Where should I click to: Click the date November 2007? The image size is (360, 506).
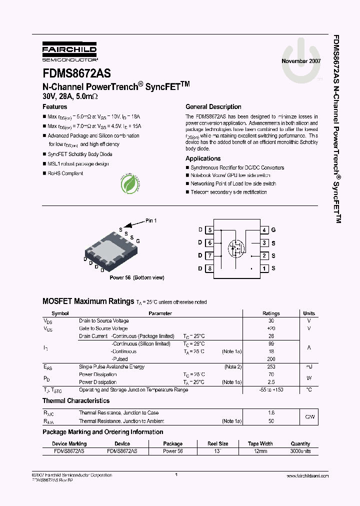[x=301, y=61]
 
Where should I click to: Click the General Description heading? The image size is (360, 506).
[x=213, y=107]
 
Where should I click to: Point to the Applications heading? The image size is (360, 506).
[x=203, y=158]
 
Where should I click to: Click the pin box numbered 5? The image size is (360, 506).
[x=210, y=230]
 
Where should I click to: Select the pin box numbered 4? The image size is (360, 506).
[x=264, y=230]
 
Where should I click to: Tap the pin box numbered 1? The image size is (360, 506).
[x=264, y=268]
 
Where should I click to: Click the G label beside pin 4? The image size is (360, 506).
[x=273, y=230]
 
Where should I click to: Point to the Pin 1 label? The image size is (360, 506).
[x=151, y=220]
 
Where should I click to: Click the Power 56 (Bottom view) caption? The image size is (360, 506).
[x=136, y=277]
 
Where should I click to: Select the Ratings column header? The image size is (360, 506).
[x=271, y=313]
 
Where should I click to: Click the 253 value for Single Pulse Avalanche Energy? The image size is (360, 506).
[x=271, y=366]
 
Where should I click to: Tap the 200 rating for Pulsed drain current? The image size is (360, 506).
[x=271, y=359]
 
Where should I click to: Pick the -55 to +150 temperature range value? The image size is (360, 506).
[x=271, y=389]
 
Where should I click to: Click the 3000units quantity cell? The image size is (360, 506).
[x=300, y=451]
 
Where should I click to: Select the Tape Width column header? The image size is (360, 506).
[x=260, y=443]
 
